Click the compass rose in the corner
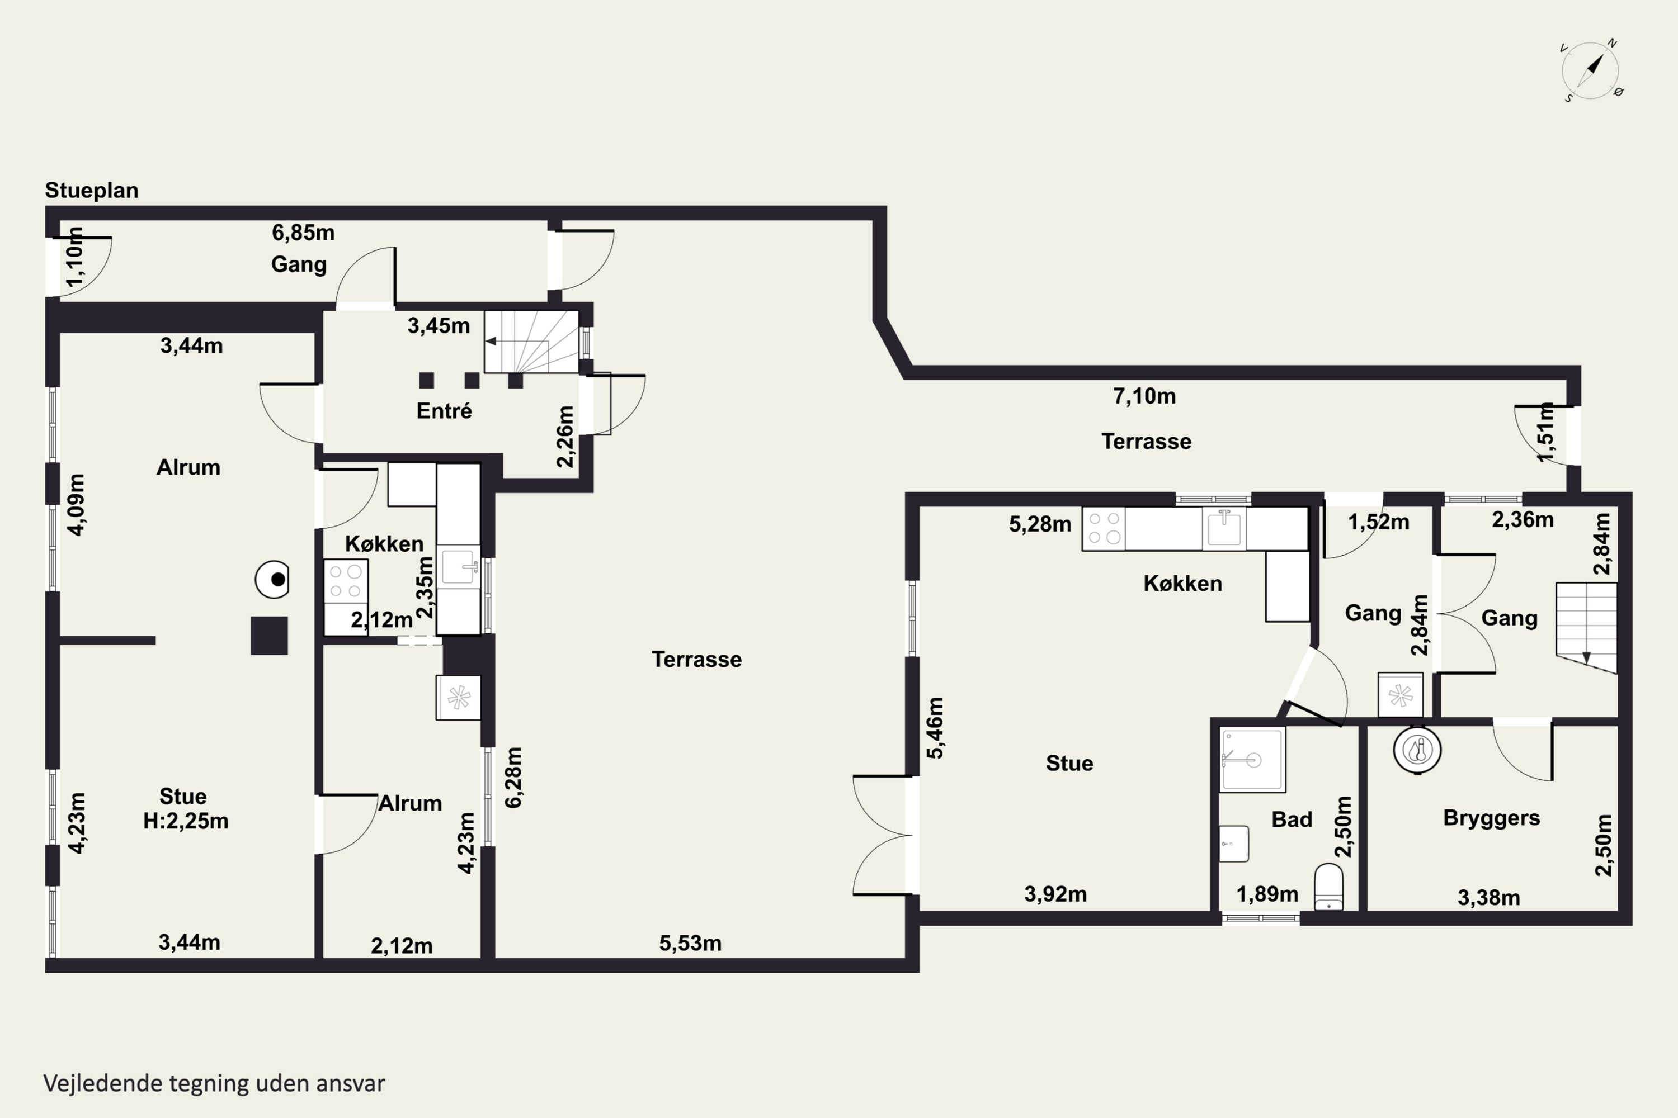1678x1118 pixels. (1591, 70)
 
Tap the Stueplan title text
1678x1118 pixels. (91, 191)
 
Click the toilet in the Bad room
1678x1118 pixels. (1328, 887)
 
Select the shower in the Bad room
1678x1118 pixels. (1252, 759)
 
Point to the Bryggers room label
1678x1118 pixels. (1491, 818)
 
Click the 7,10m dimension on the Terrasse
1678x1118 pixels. (1144, 396)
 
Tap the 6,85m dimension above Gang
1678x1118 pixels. (303, 233)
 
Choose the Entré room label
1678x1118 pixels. (444, 411)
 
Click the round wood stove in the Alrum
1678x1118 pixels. (272, 580)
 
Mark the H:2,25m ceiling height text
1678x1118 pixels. (186, 821)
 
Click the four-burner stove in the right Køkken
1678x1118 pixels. (1104, 528)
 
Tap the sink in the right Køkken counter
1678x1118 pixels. (1224, 528)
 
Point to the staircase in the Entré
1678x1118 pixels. (531, 342)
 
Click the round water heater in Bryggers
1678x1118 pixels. (1417, 750)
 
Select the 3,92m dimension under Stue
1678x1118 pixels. (1055, 894)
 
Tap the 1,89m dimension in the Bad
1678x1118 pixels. (1267, 894)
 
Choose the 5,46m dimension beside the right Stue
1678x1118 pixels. (935, 728)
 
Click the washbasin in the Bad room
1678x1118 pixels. (1233, 844)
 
